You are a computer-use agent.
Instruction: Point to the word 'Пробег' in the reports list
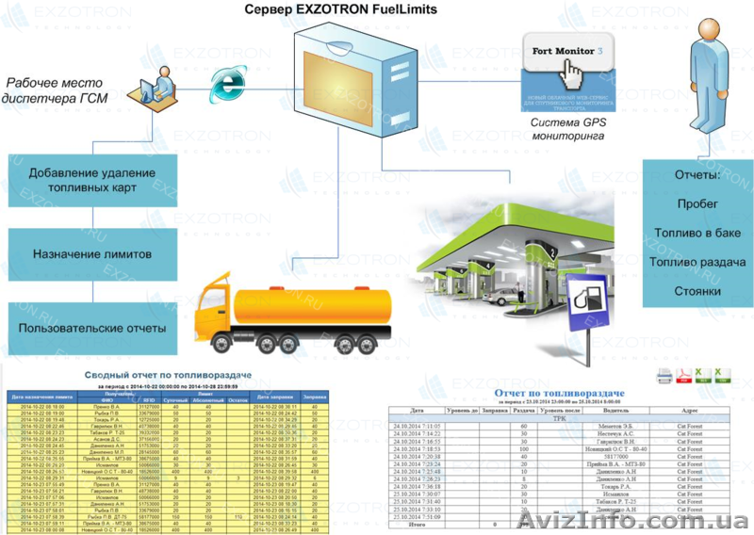[698, 203]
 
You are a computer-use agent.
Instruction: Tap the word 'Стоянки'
[698, 291]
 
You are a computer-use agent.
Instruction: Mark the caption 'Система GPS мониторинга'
[565, 128]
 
